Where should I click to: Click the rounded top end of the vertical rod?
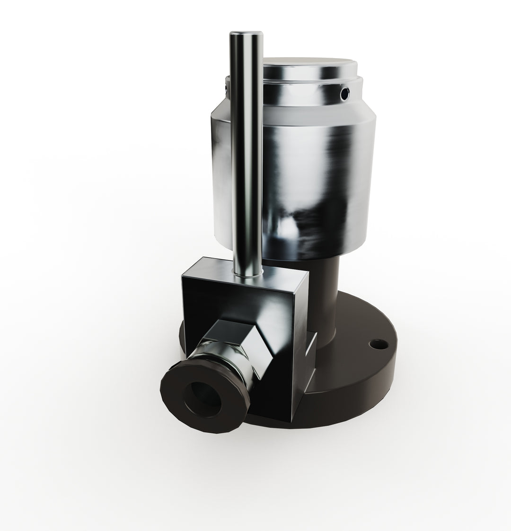246,36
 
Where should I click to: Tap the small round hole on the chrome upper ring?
345,94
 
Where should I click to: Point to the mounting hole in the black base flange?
376,343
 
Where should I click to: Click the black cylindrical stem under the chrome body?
326,293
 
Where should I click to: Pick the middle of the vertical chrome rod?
246,156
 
